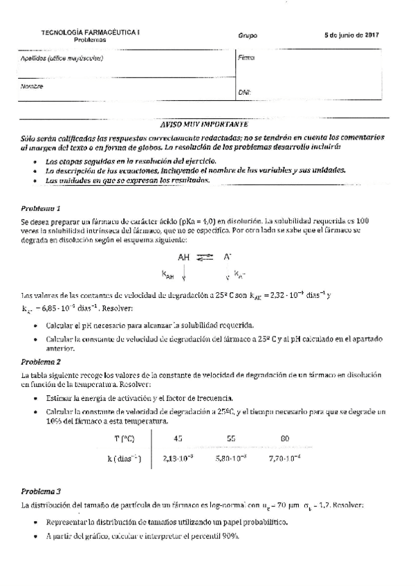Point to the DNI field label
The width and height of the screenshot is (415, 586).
(x=244, y=91)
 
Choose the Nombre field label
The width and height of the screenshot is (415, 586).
(x=32, y=87)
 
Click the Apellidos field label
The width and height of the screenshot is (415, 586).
(x=62, y=59)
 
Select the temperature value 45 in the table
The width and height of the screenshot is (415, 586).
(x=178, y=439)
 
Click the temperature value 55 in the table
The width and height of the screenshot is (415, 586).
(x=231, y=439)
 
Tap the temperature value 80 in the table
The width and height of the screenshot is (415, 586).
(x=285, y=439)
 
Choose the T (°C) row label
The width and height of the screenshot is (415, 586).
(x=123, y=439)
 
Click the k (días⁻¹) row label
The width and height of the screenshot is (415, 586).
(x=123, y=457)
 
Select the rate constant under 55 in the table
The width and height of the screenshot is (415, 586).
(x=232, y=457)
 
